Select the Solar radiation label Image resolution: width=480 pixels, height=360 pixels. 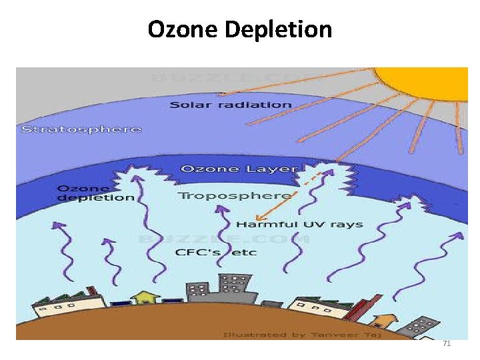[x=230, y=105]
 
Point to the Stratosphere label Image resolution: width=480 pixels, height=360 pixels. [x=81, y=129]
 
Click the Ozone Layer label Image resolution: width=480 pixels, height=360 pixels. [x=239, y=169]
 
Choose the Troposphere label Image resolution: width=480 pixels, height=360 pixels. [x=235, y=195]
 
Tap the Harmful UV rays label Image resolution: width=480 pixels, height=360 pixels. [x=299, y=224]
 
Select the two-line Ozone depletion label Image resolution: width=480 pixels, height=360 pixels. [x=95, y=193]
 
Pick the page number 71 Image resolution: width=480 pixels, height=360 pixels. [x=447, y=343]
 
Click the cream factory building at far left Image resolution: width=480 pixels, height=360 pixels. [x=67, y=307]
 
